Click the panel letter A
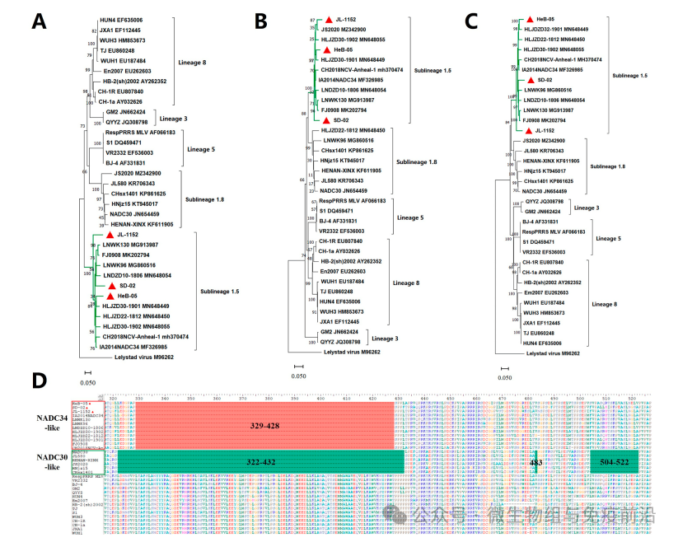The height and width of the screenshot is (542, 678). (39, 21)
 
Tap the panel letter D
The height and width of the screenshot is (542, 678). (39, 381)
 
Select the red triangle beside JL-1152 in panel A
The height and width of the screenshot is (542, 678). (108, 236)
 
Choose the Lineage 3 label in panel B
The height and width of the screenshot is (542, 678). (390, 338)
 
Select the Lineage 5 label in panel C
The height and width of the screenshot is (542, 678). (631, 238)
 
